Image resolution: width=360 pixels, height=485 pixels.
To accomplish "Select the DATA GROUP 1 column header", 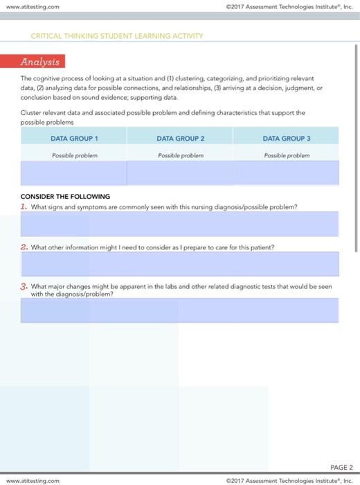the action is [73, 138].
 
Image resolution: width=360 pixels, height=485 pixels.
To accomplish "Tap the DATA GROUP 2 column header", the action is [179, 138].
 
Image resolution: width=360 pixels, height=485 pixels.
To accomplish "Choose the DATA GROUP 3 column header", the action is [285, 138].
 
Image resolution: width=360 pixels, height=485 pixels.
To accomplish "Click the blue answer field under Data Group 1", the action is [73, 173].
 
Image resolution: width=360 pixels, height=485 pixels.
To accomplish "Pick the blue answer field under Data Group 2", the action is [179, 173].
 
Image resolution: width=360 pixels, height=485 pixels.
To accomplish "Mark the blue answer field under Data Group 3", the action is [285, 173].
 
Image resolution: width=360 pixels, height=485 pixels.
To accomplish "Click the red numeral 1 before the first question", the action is [24, 206].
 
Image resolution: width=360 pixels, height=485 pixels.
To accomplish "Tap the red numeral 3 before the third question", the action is [24, 285].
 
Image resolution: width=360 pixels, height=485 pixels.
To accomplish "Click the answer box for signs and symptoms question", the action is [179, 224].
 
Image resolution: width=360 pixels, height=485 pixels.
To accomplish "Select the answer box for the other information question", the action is [179, 263].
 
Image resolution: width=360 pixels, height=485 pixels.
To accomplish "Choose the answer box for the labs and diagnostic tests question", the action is [179, 310].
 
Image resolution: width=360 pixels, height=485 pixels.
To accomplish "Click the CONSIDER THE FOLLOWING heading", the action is [65, 197].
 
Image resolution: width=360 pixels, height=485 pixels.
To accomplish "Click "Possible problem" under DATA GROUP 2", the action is [179, 155].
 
